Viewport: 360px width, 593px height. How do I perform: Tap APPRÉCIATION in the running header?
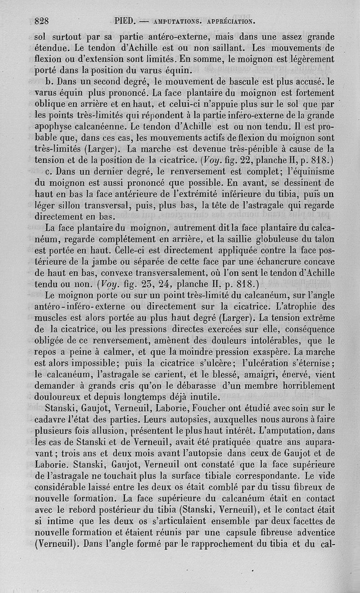(230, 21)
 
